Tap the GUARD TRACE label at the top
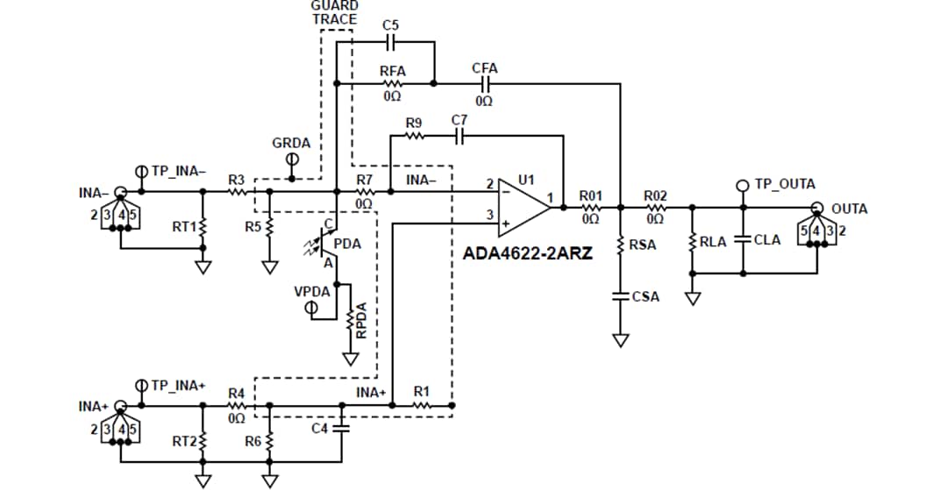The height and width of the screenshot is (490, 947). (334, 12)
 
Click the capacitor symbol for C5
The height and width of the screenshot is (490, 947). (391, 41)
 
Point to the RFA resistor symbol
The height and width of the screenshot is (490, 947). (391, 84)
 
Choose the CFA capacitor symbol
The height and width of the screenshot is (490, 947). (484, 84)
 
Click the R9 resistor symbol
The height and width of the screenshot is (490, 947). (415, 136)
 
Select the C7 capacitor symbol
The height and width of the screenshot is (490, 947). (459, 136)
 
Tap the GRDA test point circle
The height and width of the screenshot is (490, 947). (293, 159)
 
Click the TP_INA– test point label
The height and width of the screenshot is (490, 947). (179, 170)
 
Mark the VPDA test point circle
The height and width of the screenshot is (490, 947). (310, 309)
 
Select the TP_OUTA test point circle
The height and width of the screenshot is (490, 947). (743, 185)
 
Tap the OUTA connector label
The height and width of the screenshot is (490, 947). (849, 209)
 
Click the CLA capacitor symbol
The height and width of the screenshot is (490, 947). (744, 239)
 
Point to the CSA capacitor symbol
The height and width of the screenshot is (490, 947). (621, 296)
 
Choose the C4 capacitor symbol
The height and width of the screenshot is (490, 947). (340, 429)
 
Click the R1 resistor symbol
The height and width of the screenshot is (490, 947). (422, 406)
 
